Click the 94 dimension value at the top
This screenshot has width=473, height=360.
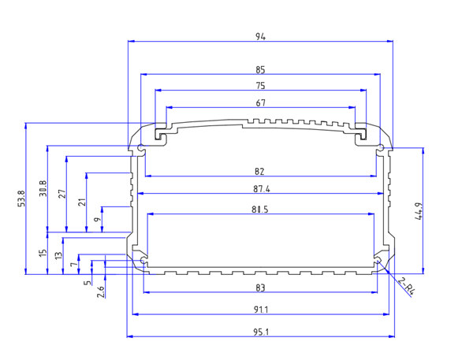(x=261, y=35)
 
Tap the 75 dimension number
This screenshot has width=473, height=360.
(x=261, y=86)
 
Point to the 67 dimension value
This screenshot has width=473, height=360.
(x=261, y=103)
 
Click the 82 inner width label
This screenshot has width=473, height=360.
(x=259, y=171)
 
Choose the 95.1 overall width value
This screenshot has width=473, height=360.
(x=261, y=332)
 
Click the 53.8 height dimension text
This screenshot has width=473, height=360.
(x=20, y=199)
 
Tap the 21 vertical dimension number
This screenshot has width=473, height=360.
(x=81, y=201)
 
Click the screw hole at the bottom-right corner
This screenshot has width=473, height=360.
(x=378, y=261)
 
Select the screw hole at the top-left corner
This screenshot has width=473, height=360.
(x=142, y=147)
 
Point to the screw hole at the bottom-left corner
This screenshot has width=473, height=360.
(x=143, y=261)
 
